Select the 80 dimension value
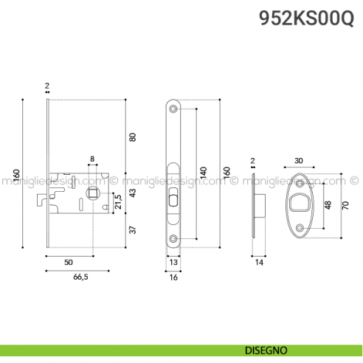[x=134, y=136]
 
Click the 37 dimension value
[x=134, y=229]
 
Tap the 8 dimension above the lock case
[x=91, y=159]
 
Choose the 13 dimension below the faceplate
[x=173, y=262]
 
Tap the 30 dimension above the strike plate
[x=299, y=161]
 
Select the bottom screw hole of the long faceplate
[x=173, y=238]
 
